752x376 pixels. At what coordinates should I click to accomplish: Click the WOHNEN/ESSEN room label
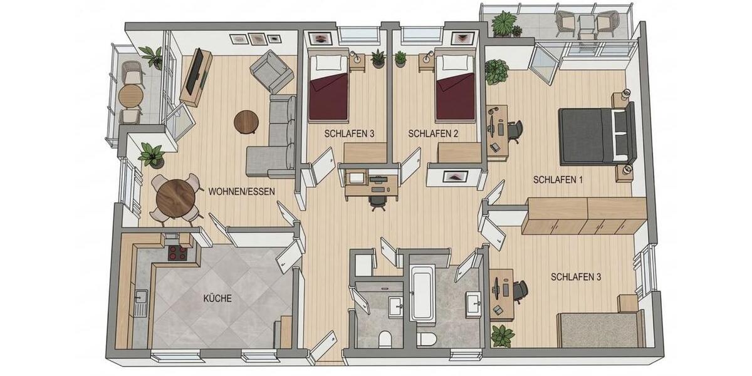(x=241, y=192)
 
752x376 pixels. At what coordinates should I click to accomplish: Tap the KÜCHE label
(x=217, y=299)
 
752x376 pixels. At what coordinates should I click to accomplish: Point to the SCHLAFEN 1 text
(x=558, y=180)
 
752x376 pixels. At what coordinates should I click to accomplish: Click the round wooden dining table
(x=175, y=197)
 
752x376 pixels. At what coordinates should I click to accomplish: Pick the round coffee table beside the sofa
(x=246, y=122)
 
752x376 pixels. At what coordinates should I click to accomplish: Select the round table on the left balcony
(x=130, y=96)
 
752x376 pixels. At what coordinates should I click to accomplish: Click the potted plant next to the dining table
(x=152, y=154)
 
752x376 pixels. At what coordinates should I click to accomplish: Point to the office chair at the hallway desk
(x=377, y=201)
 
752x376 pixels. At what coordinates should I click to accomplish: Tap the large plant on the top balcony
(x=503, y=24)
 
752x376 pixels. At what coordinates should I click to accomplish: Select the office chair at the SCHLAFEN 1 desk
(x=515, y=130)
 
